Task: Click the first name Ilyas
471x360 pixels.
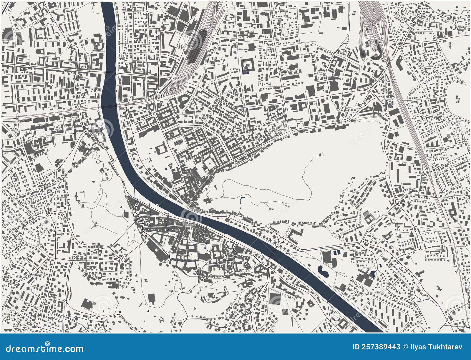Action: (416, 346)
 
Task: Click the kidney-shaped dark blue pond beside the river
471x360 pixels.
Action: (324, 271)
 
